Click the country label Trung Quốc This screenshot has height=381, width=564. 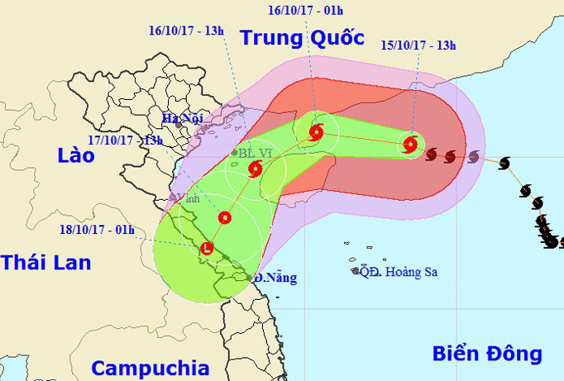301,38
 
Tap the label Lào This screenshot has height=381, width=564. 75,155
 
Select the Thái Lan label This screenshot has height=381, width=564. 45,263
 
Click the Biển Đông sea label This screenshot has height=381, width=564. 487,354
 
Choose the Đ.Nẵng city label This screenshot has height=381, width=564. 275,278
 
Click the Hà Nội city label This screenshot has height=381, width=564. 183,118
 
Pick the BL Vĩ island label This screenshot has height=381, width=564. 256,153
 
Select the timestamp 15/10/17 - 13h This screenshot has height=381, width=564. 420,45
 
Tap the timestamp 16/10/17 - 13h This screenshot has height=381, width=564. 186,30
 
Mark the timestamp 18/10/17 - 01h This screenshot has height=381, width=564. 98,230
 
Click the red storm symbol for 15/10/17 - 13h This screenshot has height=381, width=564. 410,145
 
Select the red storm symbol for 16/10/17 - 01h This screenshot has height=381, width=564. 316,131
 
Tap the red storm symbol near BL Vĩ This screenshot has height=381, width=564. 255,169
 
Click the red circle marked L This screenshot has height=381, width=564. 207,247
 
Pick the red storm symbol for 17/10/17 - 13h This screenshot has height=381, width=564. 224,218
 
